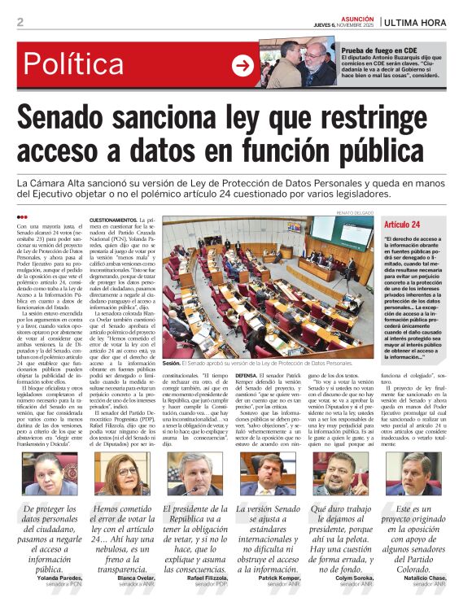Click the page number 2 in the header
(20, 22)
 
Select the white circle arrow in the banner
(243, 65)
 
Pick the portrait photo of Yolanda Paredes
(47, 474)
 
